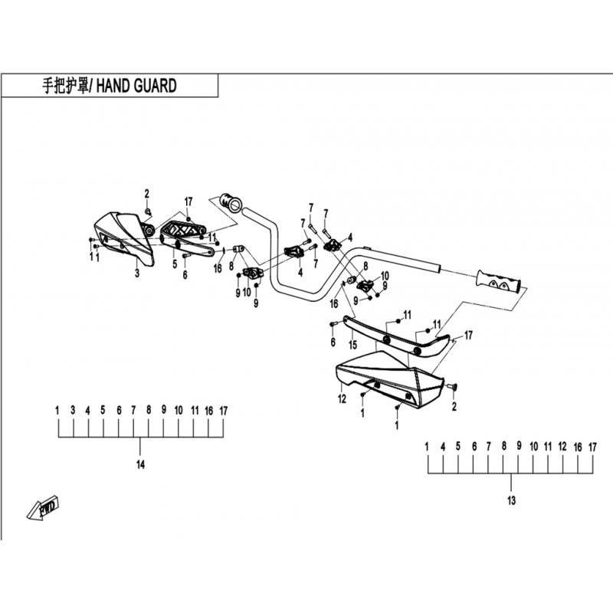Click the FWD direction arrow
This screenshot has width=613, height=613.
point(43,509)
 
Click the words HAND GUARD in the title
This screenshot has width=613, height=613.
point(136,86)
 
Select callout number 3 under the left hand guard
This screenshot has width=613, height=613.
point(137,273)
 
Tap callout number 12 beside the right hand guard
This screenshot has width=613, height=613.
point(342,399)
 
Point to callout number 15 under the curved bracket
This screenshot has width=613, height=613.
point(353,344)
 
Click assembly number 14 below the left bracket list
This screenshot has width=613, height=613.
point(140,464)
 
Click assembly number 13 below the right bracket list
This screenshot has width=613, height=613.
point(511,500)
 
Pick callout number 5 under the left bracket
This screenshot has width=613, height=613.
point(175,264)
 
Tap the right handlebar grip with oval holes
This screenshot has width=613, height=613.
point(499,280)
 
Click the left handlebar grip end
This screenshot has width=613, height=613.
point(231,202)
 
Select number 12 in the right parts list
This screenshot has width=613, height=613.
point(562,447)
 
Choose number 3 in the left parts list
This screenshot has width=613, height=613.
point(73,410)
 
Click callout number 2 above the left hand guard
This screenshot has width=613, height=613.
point(146,194)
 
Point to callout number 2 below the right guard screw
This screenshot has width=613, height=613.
point(454,407)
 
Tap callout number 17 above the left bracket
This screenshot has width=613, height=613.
point(188,202)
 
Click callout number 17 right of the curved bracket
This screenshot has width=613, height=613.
point(468,336)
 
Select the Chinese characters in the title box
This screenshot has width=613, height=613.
point(65,86)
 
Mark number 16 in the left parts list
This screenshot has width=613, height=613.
point(208,411)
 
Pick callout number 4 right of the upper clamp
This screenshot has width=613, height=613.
point(350,238)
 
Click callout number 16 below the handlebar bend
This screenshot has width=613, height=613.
point(333,303)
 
